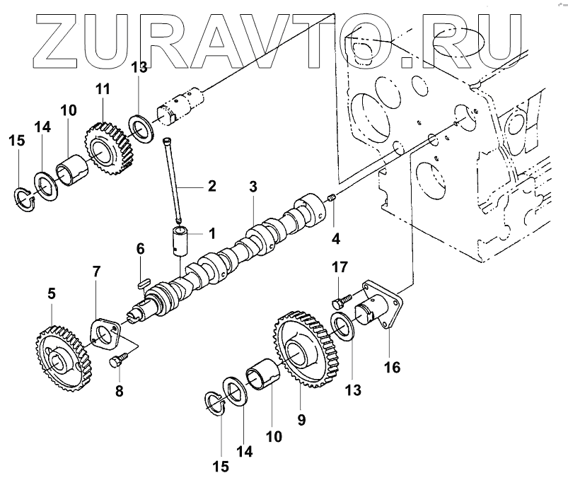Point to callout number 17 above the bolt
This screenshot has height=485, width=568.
[340, 267]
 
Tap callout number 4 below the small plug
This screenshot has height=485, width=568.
[335, 239]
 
